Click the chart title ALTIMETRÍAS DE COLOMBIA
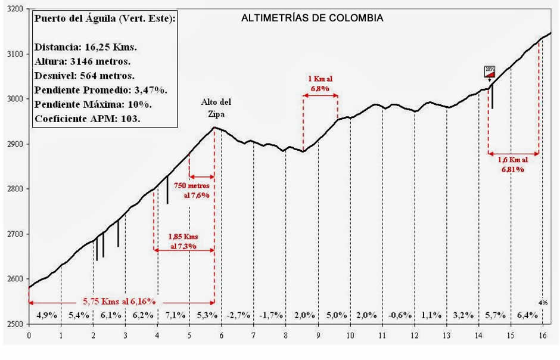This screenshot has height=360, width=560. [x=312, y=18]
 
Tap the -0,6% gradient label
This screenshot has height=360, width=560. [x=399, y=315]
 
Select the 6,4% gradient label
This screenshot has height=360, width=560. [x=527, y=315]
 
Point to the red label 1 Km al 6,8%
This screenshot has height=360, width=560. [x=320, y=83]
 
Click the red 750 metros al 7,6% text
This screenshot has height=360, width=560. [x=191, y=190]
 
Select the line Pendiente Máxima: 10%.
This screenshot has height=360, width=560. [x=93, y=104]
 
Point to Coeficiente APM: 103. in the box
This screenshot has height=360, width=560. [x=88, y=118]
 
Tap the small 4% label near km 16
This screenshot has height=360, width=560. [x=543, y=302]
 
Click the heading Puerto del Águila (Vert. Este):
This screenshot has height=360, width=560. [x=105, y=18]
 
